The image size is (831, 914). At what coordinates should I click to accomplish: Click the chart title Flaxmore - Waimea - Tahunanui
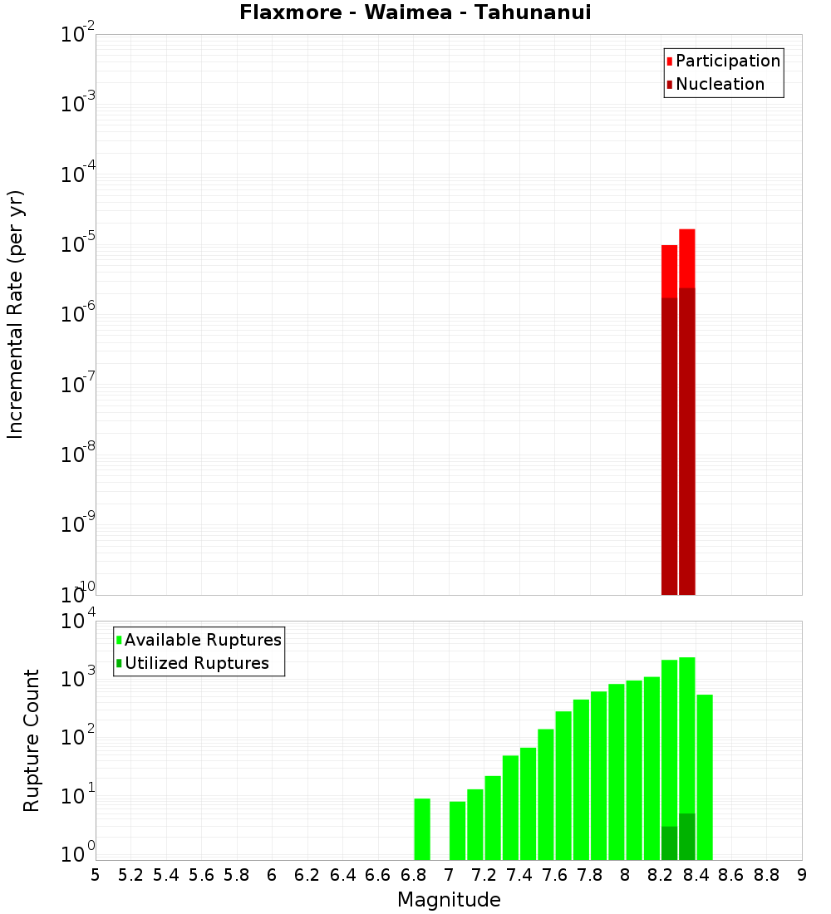point(415,12)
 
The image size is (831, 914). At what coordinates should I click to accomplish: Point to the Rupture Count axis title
point(32,740)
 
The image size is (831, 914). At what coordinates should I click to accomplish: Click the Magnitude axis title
point(449,900)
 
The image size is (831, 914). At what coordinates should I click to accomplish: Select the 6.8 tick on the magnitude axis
point(413,875)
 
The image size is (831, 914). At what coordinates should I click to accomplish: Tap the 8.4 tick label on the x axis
point(696,875)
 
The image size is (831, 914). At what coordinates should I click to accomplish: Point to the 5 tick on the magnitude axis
point(96,875)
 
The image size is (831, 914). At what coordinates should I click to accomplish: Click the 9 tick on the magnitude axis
point(802,875)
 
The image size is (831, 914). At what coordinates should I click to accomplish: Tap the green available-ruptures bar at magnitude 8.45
point(705,777)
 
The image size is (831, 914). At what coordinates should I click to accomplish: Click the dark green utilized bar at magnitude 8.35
point(687,837)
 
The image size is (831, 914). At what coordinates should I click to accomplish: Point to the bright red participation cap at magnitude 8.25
point(670,271)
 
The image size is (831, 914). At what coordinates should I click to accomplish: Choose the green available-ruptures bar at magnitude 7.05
point(458,830)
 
